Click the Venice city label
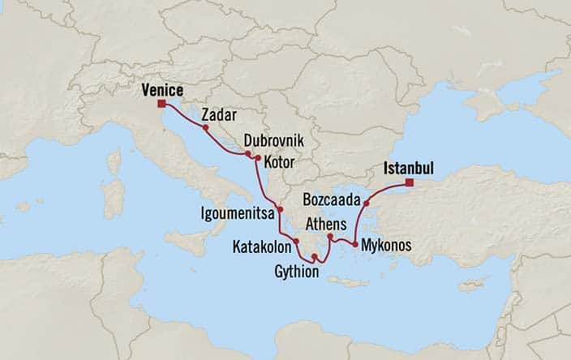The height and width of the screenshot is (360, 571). [161, 90]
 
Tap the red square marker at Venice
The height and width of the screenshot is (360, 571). [161, 104]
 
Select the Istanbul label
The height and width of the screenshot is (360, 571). [408, 169]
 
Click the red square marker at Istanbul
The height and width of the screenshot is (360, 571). [410, 182]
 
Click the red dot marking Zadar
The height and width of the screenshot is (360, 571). [206, 127]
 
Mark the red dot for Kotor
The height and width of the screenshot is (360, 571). [257, 157]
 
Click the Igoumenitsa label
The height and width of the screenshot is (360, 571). [236, 215]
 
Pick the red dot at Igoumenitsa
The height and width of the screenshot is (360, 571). [280, 210]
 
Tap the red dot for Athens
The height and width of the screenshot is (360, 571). [329, 237]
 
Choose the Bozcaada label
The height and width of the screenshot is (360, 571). [330, 198]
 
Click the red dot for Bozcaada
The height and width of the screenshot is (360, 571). [367, 203]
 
